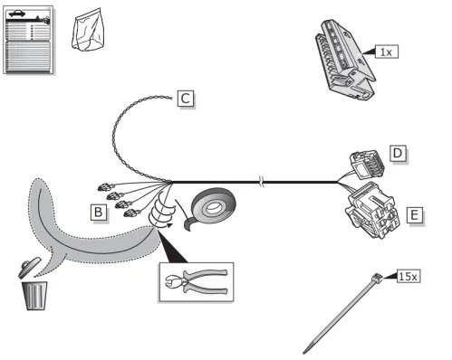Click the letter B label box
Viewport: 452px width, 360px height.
click(x=99, y=212)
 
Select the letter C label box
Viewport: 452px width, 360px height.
click(x=186, y=99)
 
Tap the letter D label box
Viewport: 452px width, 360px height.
click(x=398, y=154)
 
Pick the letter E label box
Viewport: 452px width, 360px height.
click(x=415, y=215)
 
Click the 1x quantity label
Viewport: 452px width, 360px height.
click(x=386, y=52)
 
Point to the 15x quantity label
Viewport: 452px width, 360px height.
click(x=409, y=276)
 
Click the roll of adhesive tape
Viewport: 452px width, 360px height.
click(x=211, y=208)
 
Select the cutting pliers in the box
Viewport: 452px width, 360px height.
click(x=196, y=281)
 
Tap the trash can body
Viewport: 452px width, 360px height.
click(x=35, y=296)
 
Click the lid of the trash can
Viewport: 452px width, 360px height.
click(x=29, y=267)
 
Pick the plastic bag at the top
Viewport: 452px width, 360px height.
click(x=88, y=30)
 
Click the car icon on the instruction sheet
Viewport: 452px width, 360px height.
click(x=17, y=14)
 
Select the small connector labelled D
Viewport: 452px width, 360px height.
click(x=367, y=165)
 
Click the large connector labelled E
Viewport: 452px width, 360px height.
click(x=373, y=211)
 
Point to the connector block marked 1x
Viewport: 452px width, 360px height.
click(x=345, y=60)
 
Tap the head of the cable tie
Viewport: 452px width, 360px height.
click(x=378, y=278)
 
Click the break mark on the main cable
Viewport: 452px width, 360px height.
click(x=262, y=182)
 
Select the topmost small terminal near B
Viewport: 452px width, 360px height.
click(x=104, y=187)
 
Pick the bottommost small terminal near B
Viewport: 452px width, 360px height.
click(x=131, y=213)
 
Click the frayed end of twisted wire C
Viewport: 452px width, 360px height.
click(x=169, y=97)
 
